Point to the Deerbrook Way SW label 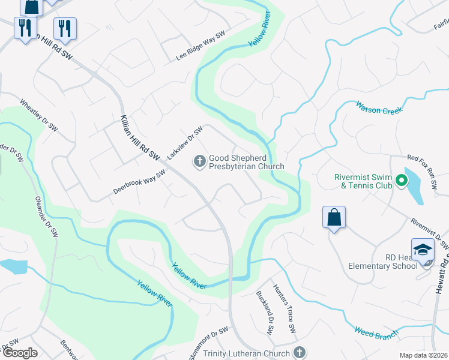[x=139, y=182]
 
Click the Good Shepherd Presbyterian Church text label [x=246, y=162]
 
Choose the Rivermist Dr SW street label [x=430, y=233]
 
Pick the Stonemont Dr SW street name [x=209, y=343]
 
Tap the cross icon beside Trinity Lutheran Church [x=299, y=353]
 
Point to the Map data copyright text [x=423, y=355]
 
